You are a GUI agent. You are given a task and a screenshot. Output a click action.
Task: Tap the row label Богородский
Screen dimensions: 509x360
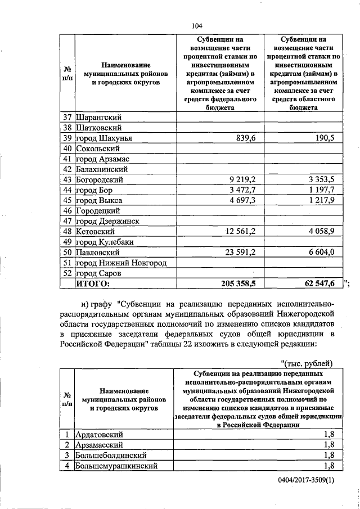pyautogui.click(x=100, y=180)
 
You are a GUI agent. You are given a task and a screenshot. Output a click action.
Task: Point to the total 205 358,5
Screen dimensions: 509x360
pyautogui.click(x=235, y=283)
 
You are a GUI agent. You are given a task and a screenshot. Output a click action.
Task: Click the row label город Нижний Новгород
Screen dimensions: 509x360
pyautogui.click(x=121, y=262)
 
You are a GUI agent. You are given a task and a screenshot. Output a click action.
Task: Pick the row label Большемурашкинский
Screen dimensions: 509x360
pyautogui.click(x=116, y=466)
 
